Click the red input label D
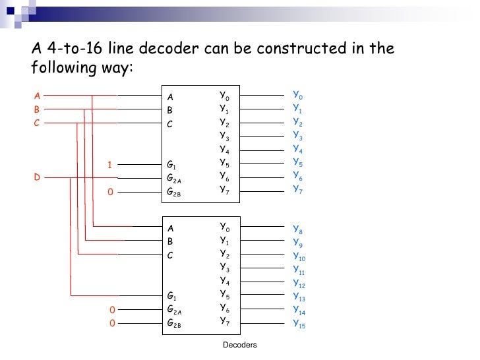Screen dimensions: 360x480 tap(37, 177)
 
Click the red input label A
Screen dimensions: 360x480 tap(37, 96)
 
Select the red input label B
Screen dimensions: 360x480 tap(37, 109)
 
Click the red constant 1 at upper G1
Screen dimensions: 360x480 tap(111, 164)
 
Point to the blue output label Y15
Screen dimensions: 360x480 tap(299, 324)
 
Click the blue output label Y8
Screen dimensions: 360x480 tap(297, 230)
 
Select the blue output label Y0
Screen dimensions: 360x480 tap(297, 96)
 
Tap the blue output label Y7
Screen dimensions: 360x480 tap(297, 189)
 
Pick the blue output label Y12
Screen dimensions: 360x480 tap(299, 284)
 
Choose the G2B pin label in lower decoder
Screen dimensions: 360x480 tap(173, 324)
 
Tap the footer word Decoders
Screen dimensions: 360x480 tap(239, 345)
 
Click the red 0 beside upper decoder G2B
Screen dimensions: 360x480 tap(111, 192)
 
